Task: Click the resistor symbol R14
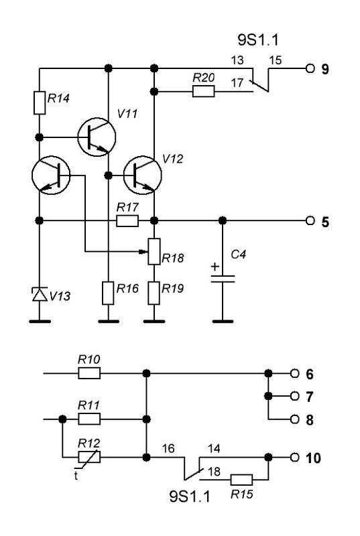(x=40, y=103)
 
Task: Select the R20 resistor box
(x=203, y=92)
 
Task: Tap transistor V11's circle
(x=97, y=137)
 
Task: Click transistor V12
(x=142, y=176)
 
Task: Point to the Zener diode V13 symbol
(x=40, y=294)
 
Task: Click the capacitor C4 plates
(x=223, y=279)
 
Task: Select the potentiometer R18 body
(x=154, y=252)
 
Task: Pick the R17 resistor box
(x=127, y=221)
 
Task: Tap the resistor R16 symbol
(x=108, y=293)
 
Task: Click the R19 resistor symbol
(x=154, y=293)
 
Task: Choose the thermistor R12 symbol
(x=89, y=457)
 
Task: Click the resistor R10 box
(x=89, y=373)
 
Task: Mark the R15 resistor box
(x=242, y=480)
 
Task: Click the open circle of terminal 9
(x=310, y=68)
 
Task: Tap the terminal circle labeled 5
(x=310, y=221)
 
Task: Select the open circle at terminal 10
(x=295, y=457)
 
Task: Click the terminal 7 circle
(x=295, y=396)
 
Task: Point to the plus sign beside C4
(x=215, y=267)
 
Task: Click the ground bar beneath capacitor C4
(x=223, y=322)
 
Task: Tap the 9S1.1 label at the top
(x=258, y=40)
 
